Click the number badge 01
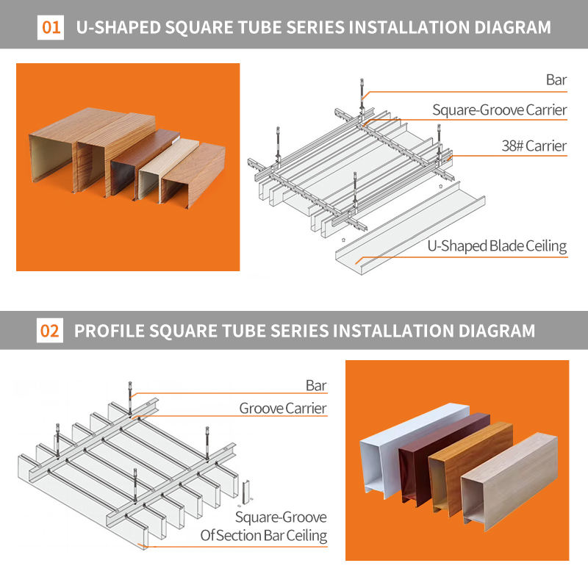click(x=51, y=28)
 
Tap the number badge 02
click(x=49, y=331)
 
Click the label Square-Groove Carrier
click(x=499, y=110)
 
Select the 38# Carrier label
click(x=534, y=146)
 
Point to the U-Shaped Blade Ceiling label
click(x=497, y=245)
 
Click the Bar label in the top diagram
click(x=556, y=79)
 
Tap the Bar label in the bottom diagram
click(x=316, y=384)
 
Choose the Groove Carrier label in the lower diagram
click(x=283, y=408)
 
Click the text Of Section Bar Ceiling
click(x=264, y=535)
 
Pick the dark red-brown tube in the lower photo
click(x=415, y=470)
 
